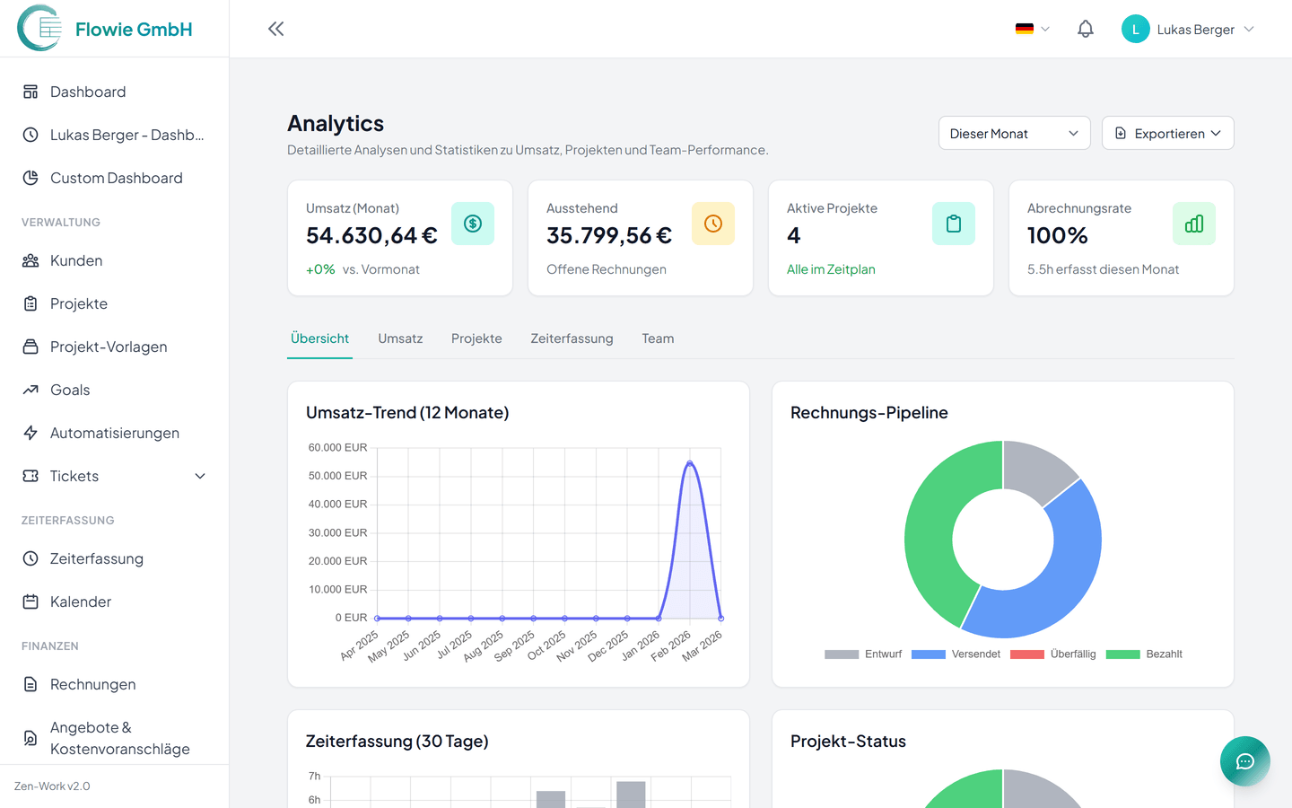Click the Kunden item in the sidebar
[x=76, y=260]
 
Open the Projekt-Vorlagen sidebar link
[x=108, y=347]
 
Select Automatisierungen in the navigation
[x=114, y=433]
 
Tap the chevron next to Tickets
[x=200, y=476]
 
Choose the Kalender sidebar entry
[x=80, y=602]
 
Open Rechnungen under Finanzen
[x=92, y=684]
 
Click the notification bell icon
[x=1086, y=29]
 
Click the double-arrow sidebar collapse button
[x=275, y=29]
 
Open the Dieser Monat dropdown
[x=1014, y=133]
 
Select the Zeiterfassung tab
[x=572, y=338]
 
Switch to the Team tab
[x=658, y=338]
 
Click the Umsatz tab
[x=400, y=338]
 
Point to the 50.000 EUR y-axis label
[x=337, y=476]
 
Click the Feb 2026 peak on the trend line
[x=689, y=463]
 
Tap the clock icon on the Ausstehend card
[x=713, y=224]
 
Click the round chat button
[x=1244, y=761]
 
